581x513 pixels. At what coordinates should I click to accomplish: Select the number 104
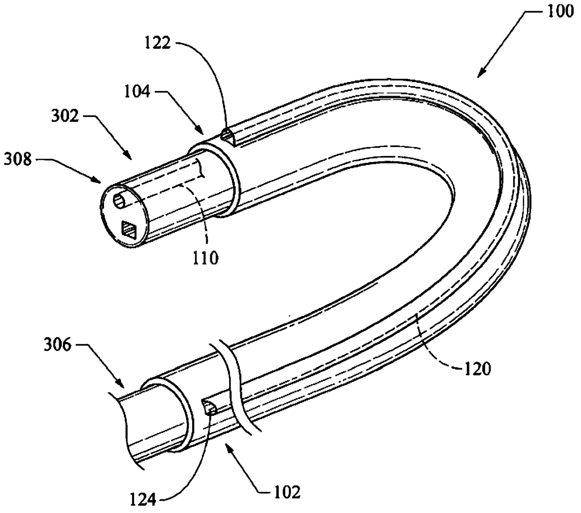point(137,91)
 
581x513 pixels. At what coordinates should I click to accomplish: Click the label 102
point(287,492)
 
